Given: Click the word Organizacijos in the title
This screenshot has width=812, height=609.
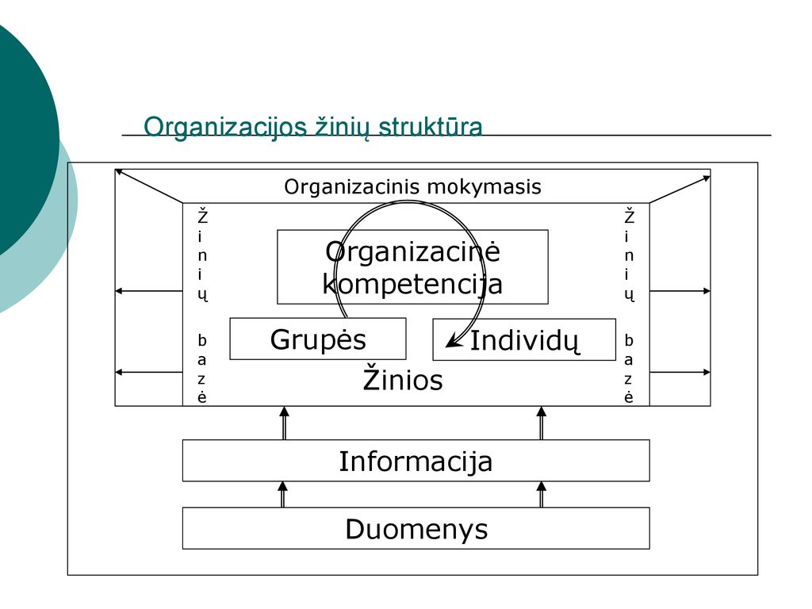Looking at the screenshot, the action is click(x=225, y=128).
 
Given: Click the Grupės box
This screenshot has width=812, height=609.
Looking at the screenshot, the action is click(x=317, y=339).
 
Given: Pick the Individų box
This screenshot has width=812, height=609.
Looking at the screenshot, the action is click(x=524, y=339).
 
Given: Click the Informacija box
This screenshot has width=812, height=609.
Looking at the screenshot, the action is click(x=416, y=461).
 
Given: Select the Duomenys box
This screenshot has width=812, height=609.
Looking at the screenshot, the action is click(x=416, y=528).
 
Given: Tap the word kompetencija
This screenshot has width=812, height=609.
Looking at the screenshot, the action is click(x=412, y=285).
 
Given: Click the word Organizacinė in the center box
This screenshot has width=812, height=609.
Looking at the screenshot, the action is click(x=412, y=251).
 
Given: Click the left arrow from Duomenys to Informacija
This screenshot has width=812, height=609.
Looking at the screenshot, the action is click(x=283, y=495).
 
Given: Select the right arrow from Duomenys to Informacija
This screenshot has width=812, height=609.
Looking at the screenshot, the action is click(x=542, y=495).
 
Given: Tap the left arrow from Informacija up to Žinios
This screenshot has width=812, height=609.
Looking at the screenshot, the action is click(x=284, y=423).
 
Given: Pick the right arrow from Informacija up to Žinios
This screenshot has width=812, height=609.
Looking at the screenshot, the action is click(x=542, y=423).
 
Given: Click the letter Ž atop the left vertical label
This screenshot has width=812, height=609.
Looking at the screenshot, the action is click(x=202, y=216).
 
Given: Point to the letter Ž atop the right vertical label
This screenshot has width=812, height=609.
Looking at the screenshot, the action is click(x=629, y=216).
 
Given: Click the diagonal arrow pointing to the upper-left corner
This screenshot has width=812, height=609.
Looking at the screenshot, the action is click(x=148, y=186).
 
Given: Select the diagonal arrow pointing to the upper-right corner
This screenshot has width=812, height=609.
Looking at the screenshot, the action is click(x=680, y=190).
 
